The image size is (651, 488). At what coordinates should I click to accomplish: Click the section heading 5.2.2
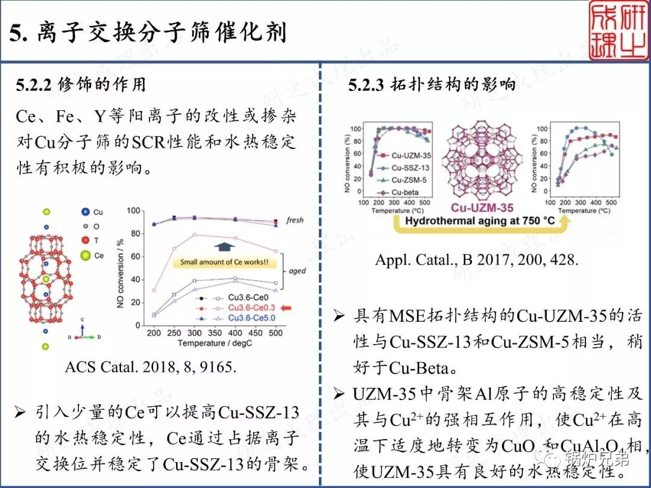click(x=81, y=85)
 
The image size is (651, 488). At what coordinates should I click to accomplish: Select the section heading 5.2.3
click(x=432, y=85)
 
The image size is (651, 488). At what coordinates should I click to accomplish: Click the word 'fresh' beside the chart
click(x=294, y=221)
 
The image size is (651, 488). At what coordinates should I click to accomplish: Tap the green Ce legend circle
click(x=84, y=255)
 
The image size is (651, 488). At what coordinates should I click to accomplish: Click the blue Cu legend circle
click(x=84, y=212)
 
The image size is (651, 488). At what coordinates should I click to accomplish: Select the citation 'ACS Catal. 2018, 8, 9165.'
click(x=148, y=366)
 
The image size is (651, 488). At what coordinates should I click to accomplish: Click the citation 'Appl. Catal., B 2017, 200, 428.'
click(x=477, y=260)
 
